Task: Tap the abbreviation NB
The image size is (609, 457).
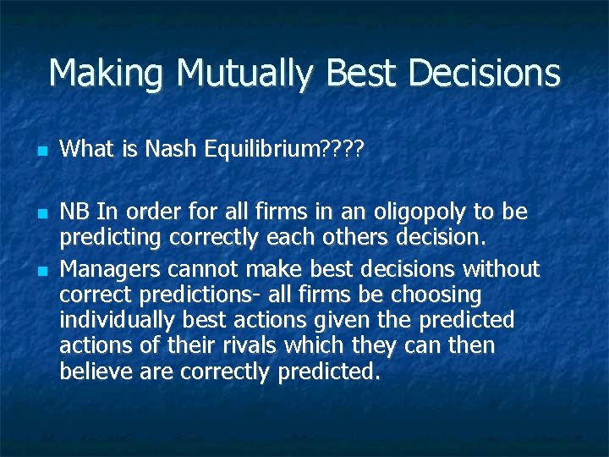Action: tap(75, 210)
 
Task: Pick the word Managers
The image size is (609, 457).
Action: tap(111, 269)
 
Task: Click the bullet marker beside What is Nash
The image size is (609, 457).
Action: tap(41, 151)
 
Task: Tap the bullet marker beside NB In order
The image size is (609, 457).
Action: tap(41, 211)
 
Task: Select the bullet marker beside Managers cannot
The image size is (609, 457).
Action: tap(41, 270)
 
